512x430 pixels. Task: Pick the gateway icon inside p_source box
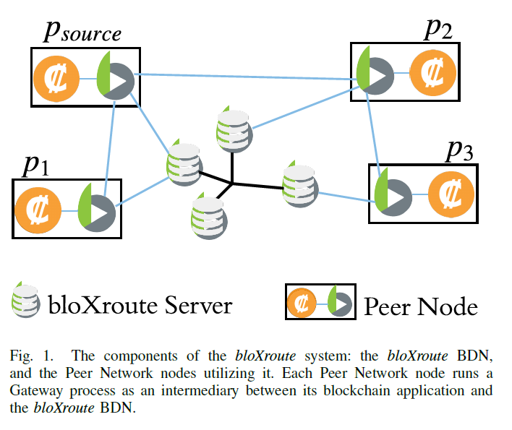[115, 77]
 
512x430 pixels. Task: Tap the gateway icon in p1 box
[96, 208]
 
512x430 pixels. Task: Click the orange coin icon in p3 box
[452, 194]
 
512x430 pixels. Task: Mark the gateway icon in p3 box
[393, 194]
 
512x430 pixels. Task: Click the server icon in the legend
[25, 304]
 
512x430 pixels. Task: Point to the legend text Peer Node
[420, 306]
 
